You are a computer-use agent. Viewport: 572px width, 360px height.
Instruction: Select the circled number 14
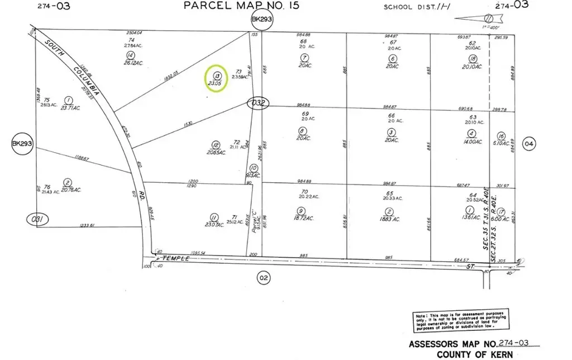(x=130, y=55)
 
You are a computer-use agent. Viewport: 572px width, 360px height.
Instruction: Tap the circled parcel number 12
(x=216, y=144)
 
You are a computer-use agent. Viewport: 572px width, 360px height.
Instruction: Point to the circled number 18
(x=473, y=59)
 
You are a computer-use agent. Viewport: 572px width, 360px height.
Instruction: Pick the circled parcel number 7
(x=304, y=58)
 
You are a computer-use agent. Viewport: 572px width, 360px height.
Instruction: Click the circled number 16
(x=501, y=136)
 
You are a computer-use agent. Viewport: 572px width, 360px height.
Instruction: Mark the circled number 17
(x=501, y=212)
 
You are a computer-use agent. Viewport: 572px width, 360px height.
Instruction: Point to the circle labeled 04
(x=529, y=144)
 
